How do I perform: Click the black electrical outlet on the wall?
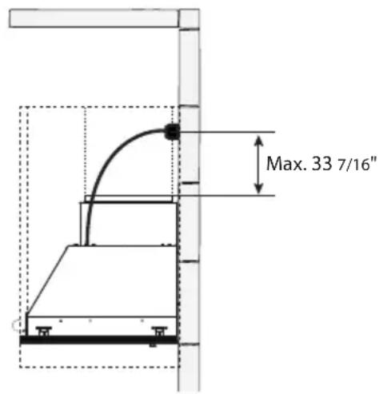tap(170, 132)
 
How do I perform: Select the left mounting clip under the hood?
tap(44, 329)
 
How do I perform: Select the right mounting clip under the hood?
tap(159, 329)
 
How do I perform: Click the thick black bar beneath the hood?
tap(96, 340)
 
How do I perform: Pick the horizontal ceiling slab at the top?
tap(92, 18)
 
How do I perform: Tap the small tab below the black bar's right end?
tap(153, 346)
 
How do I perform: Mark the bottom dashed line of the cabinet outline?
tap(96, 367)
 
